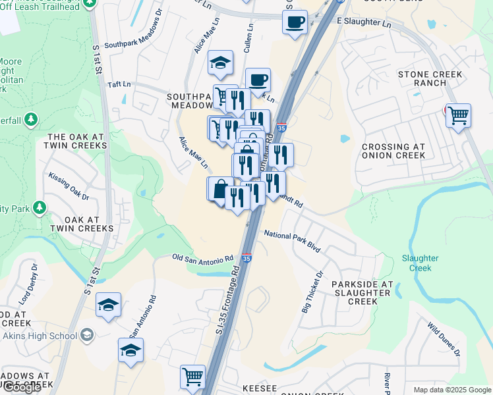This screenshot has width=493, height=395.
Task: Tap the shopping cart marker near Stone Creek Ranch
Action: [458, 116]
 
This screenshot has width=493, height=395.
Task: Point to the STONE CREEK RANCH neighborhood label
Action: [430, 79]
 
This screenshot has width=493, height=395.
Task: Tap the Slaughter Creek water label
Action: [420, 263]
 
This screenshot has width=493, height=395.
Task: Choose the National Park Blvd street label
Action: [292, 242]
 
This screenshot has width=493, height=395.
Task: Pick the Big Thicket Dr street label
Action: [313, 291]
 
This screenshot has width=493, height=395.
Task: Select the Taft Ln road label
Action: [119, 85]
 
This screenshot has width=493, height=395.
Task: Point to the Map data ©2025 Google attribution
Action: [452, 390]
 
